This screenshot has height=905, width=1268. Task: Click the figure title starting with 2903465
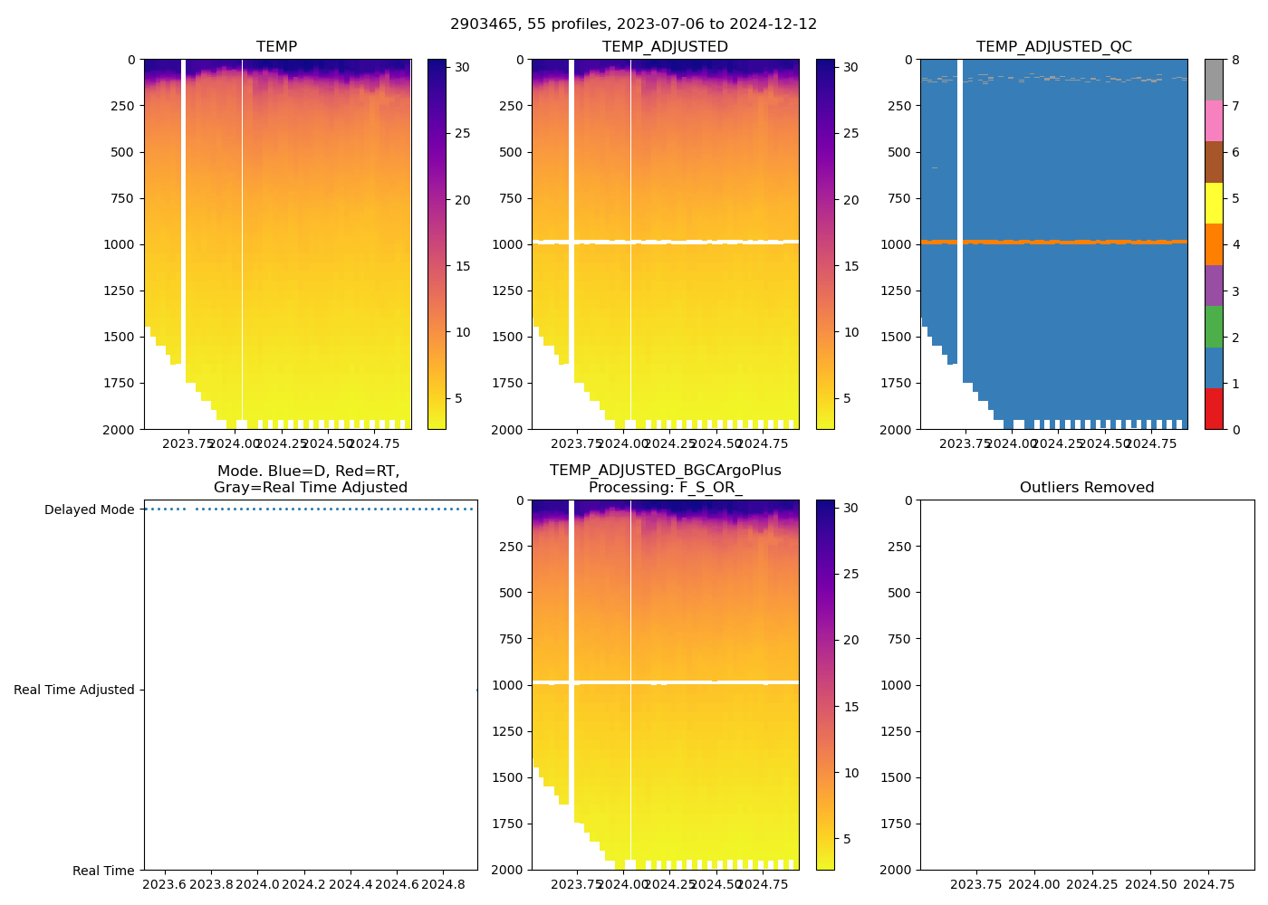pyautogui.click(x=633, y=24)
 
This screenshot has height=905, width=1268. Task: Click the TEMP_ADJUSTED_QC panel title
pyautogui.click(x=1053, y=46)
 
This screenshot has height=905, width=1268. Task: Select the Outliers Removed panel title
pyautogui.click(x=1086, y=487)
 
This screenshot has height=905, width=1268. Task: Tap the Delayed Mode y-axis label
pyautogui.click(x=89, y=510)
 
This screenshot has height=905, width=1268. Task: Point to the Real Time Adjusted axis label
pyautogui.click(x=73, y=690)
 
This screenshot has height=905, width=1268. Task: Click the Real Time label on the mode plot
pyautogui.click(x=103, y=871)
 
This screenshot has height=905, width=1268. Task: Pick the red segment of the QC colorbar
pyautogui.click(x=1214, y=408)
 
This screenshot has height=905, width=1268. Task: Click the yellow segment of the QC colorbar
pyautogui.click(x=1214, y=203)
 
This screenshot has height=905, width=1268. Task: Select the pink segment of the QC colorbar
pyautogui.click(x=1214, y=120)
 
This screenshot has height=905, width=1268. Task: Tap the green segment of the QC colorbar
pyautogui.click(x=1214, y=326)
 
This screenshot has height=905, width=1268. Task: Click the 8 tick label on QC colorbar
pyautogui.click(x=1235, y=61)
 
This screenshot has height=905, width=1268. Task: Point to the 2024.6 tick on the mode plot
pyautogui.click(x=397, y=884)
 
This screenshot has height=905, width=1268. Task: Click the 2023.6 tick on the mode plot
pyautogui.click(x=164, y=884)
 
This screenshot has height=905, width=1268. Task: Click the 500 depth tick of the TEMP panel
pyautogui.click(x=121, y=152)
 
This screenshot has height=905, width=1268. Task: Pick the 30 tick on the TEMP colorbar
pyautogui.click(x=462, y=67)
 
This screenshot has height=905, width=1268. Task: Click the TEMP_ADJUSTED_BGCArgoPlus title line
pyautogui.click(x=665, y=471)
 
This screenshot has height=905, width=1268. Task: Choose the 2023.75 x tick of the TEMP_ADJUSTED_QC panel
pyautogui.click(x=964, y=443)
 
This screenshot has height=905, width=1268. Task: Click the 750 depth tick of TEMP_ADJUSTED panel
pyautogui.click(x=511, y=198)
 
